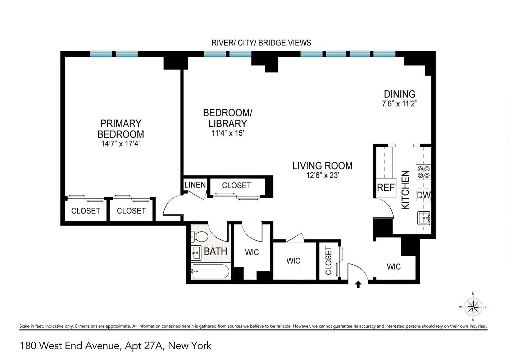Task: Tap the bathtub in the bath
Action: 210,271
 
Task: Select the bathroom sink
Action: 196,253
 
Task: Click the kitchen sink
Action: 423,218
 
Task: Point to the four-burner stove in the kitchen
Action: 423,172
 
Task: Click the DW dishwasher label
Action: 423,195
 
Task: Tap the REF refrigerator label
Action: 386,188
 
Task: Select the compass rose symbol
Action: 473,307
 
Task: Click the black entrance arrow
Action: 358,284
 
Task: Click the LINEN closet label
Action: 195,185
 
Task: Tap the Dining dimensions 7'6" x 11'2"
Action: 399,104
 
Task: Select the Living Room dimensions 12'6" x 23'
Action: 322,176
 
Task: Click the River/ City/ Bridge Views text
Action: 261,43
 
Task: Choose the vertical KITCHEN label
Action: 405,190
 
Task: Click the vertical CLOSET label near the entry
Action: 328,261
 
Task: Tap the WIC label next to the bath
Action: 252,252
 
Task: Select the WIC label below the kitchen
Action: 394,267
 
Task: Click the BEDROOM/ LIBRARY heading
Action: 228,118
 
